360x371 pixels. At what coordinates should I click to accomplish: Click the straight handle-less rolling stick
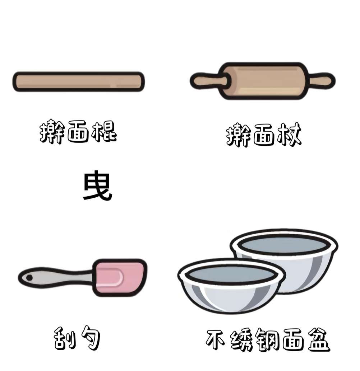point(78,82)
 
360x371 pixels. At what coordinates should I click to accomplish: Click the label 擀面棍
point(78,132)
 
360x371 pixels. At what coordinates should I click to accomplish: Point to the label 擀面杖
point(264,135)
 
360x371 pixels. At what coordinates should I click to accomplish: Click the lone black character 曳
point(97,185)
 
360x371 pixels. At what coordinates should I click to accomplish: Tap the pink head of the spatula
point(120,277)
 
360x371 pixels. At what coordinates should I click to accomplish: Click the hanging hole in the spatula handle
point(29,277)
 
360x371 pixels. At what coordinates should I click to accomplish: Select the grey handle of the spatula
point(56,277)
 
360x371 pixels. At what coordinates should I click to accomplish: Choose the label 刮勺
point(77,338)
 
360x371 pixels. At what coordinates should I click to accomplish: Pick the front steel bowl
point(232,286)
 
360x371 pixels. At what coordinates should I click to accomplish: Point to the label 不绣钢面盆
point(268,340)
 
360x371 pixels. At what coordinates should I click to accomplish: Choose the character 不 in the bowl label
point(216,339)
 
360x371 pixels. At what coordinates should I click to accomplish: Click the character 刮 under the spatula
point(64,338)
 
